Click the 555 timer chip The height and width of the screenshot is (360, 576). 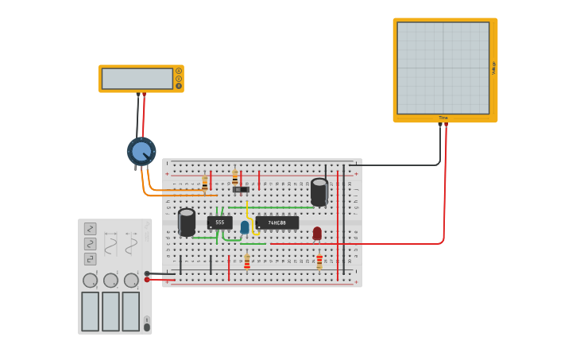[219, 223]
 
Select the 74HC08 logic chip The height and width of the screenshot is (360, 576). [277, 223]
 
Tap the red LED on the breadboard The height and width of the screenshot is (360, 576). [317, 233]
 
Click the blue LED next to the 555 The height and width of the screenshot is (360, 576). [245, 227]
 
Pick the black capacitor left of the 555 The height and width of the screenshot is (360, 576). [187, 222]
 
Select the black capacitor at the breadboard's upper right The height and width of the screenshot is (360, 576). [319, 192]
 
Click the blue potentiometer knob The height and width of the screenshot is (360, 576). [141, 151]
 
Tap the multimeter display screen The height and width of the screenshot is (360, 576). [137, 79]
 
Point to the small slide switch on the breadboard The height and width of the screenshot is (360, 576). [241, 189]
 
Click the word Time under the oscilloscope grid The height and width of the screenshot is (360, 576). [443, 118]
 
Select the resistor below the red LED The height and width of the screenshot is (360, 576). [319, 261]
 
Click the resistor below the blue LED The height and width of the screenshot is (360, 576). [247, 261]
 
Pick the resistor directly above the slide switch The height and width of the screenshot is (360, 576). [235, 176]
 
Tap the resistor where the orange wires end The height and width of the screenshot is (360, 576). [205, 183]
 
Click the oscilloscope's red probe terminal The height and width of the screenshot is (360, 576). [446, 124]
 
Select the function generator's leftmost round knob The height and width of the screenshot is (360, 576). [90, 280]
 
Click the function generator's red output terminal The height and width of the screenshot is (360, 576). [147, 280]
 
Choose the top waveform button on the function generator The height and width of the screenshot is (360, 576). [90, 228]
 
